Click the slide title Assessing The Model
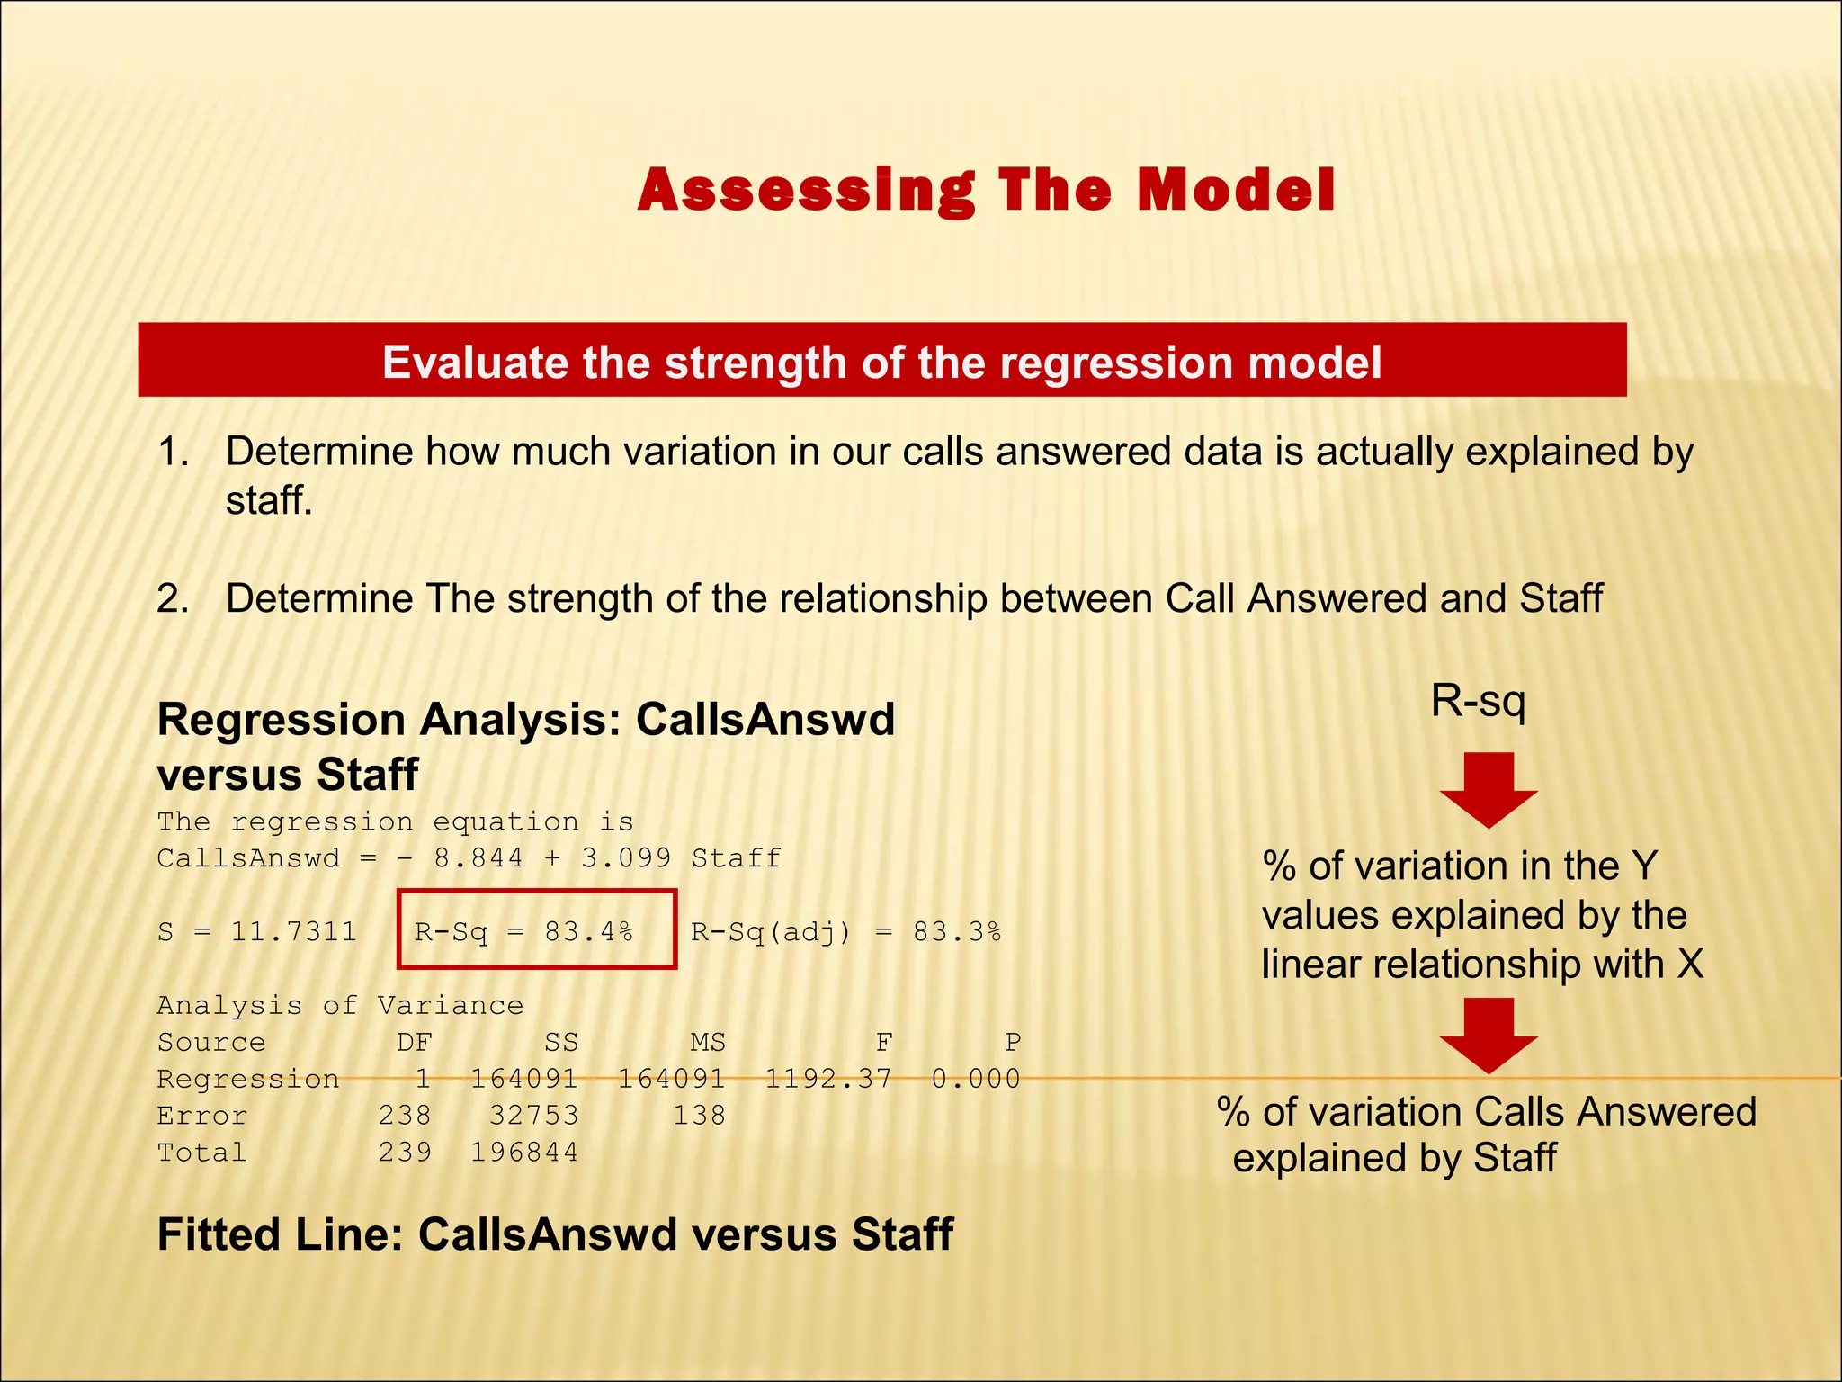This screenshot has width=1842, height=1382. (x=986, y=190)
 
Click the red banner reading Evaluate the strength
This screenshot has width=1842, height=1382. (x=881, y=361)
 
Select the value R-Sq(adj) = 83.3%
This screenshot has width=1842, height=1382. (x=845, y=931)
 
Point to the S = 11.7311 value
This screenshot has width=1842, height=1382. (x=257, y=931)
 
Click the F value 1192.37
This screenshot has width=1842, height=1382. (x=827, y=1078)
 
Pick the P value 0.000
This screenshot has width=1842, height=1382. (x=976, y=1078)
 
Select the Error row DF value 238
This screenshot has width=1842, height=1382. (x=405, y=1115)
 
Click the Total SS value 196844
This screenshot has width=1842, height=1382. (x=524, y=1152)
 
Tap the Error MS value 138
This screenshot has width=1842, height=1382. (x=699, y=1115)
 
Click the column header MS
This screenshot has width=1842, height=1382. (x=708, y=1042)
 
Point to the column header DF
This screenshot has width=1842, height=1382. (x=415, y=1042)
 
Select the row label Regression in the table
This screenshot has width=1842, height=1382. (x=248, y=1078)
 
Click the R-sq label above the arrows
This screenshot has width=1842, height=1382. (x=1478, y=700)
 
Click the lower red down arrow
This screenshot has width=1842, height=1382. (x=1489, y=1035)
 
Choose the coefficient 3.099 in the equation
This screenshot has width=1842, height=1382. (x=626, y=857)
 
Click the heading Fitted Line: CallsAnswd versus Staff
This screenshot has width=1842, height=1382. (x=555, y=1234)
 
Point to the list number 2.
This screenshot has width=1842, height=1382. (x=172, y=598)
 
